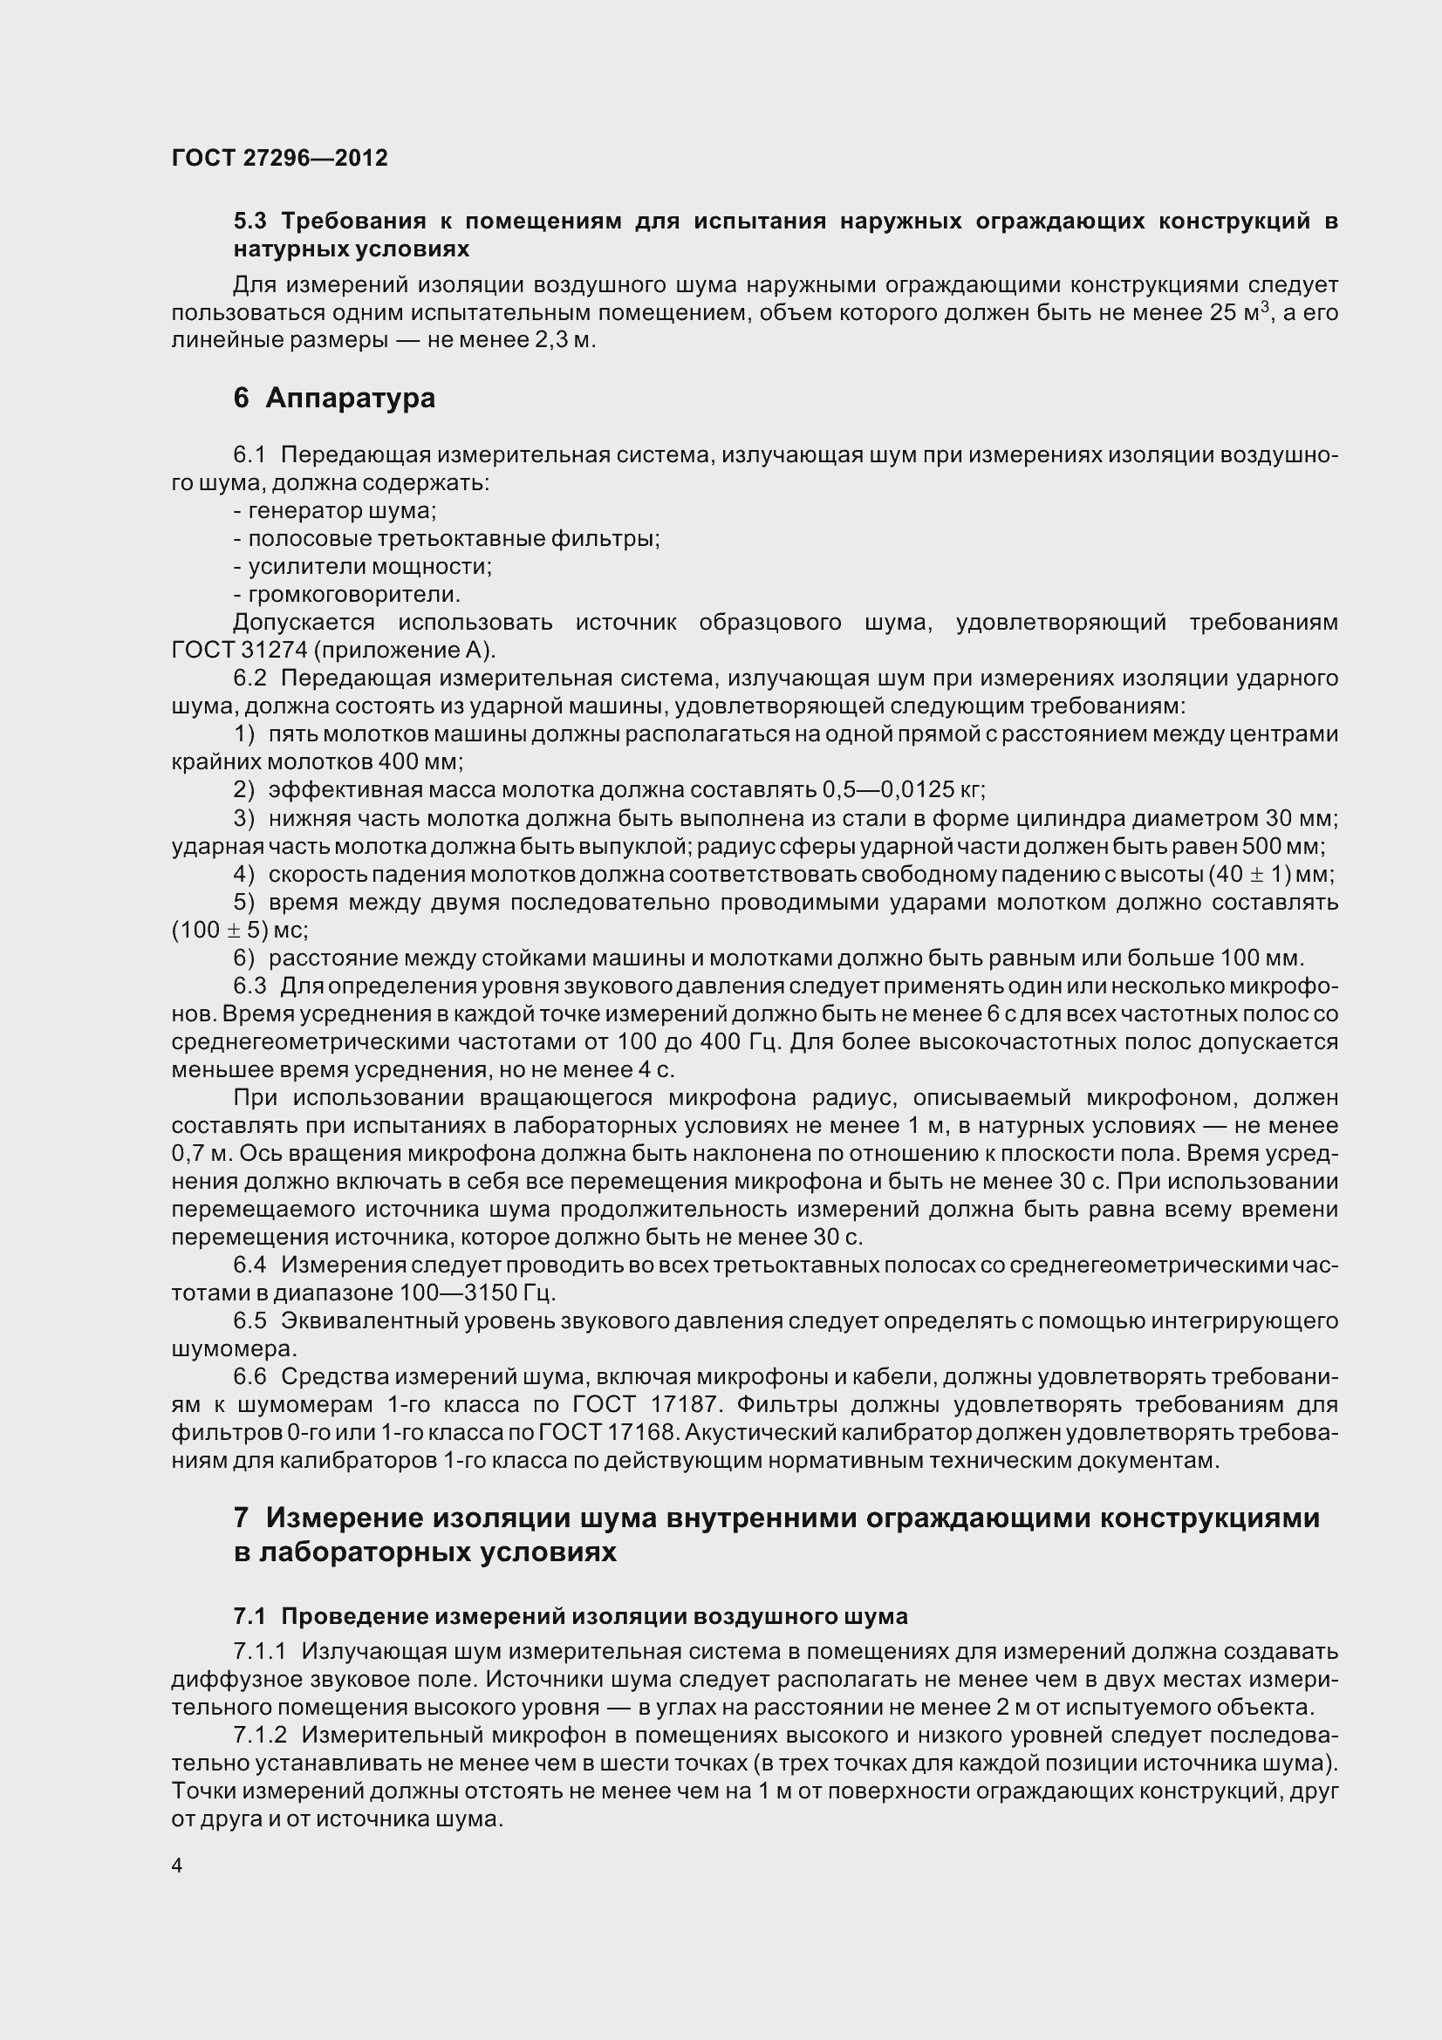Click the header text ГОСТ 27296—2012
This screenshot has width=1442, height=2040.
pyautogui.click(x=279, y=158)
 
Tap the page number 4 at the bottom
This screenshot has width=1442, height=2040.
pyautogui.click(x=177, y=1865)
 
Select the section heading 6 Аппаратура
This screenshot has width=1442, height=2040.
pyautogui.click(x=334, y=397)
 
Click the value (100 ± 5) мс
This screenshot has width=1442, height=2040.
pyautogui.click(x=239, y=931)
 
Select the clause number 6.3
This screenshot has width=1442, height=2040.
pyautogui.click(x=249, y=986)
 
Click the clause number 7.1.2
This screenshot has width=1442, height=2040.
pyautogui.click(x=259, y=1736)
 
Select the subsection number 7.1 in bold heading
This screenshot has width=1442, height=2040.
pyautogui.click(x=249, y=1616)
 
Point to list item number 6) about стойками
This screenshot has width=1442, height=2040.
pyautogui.click(x=243, y=958)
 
